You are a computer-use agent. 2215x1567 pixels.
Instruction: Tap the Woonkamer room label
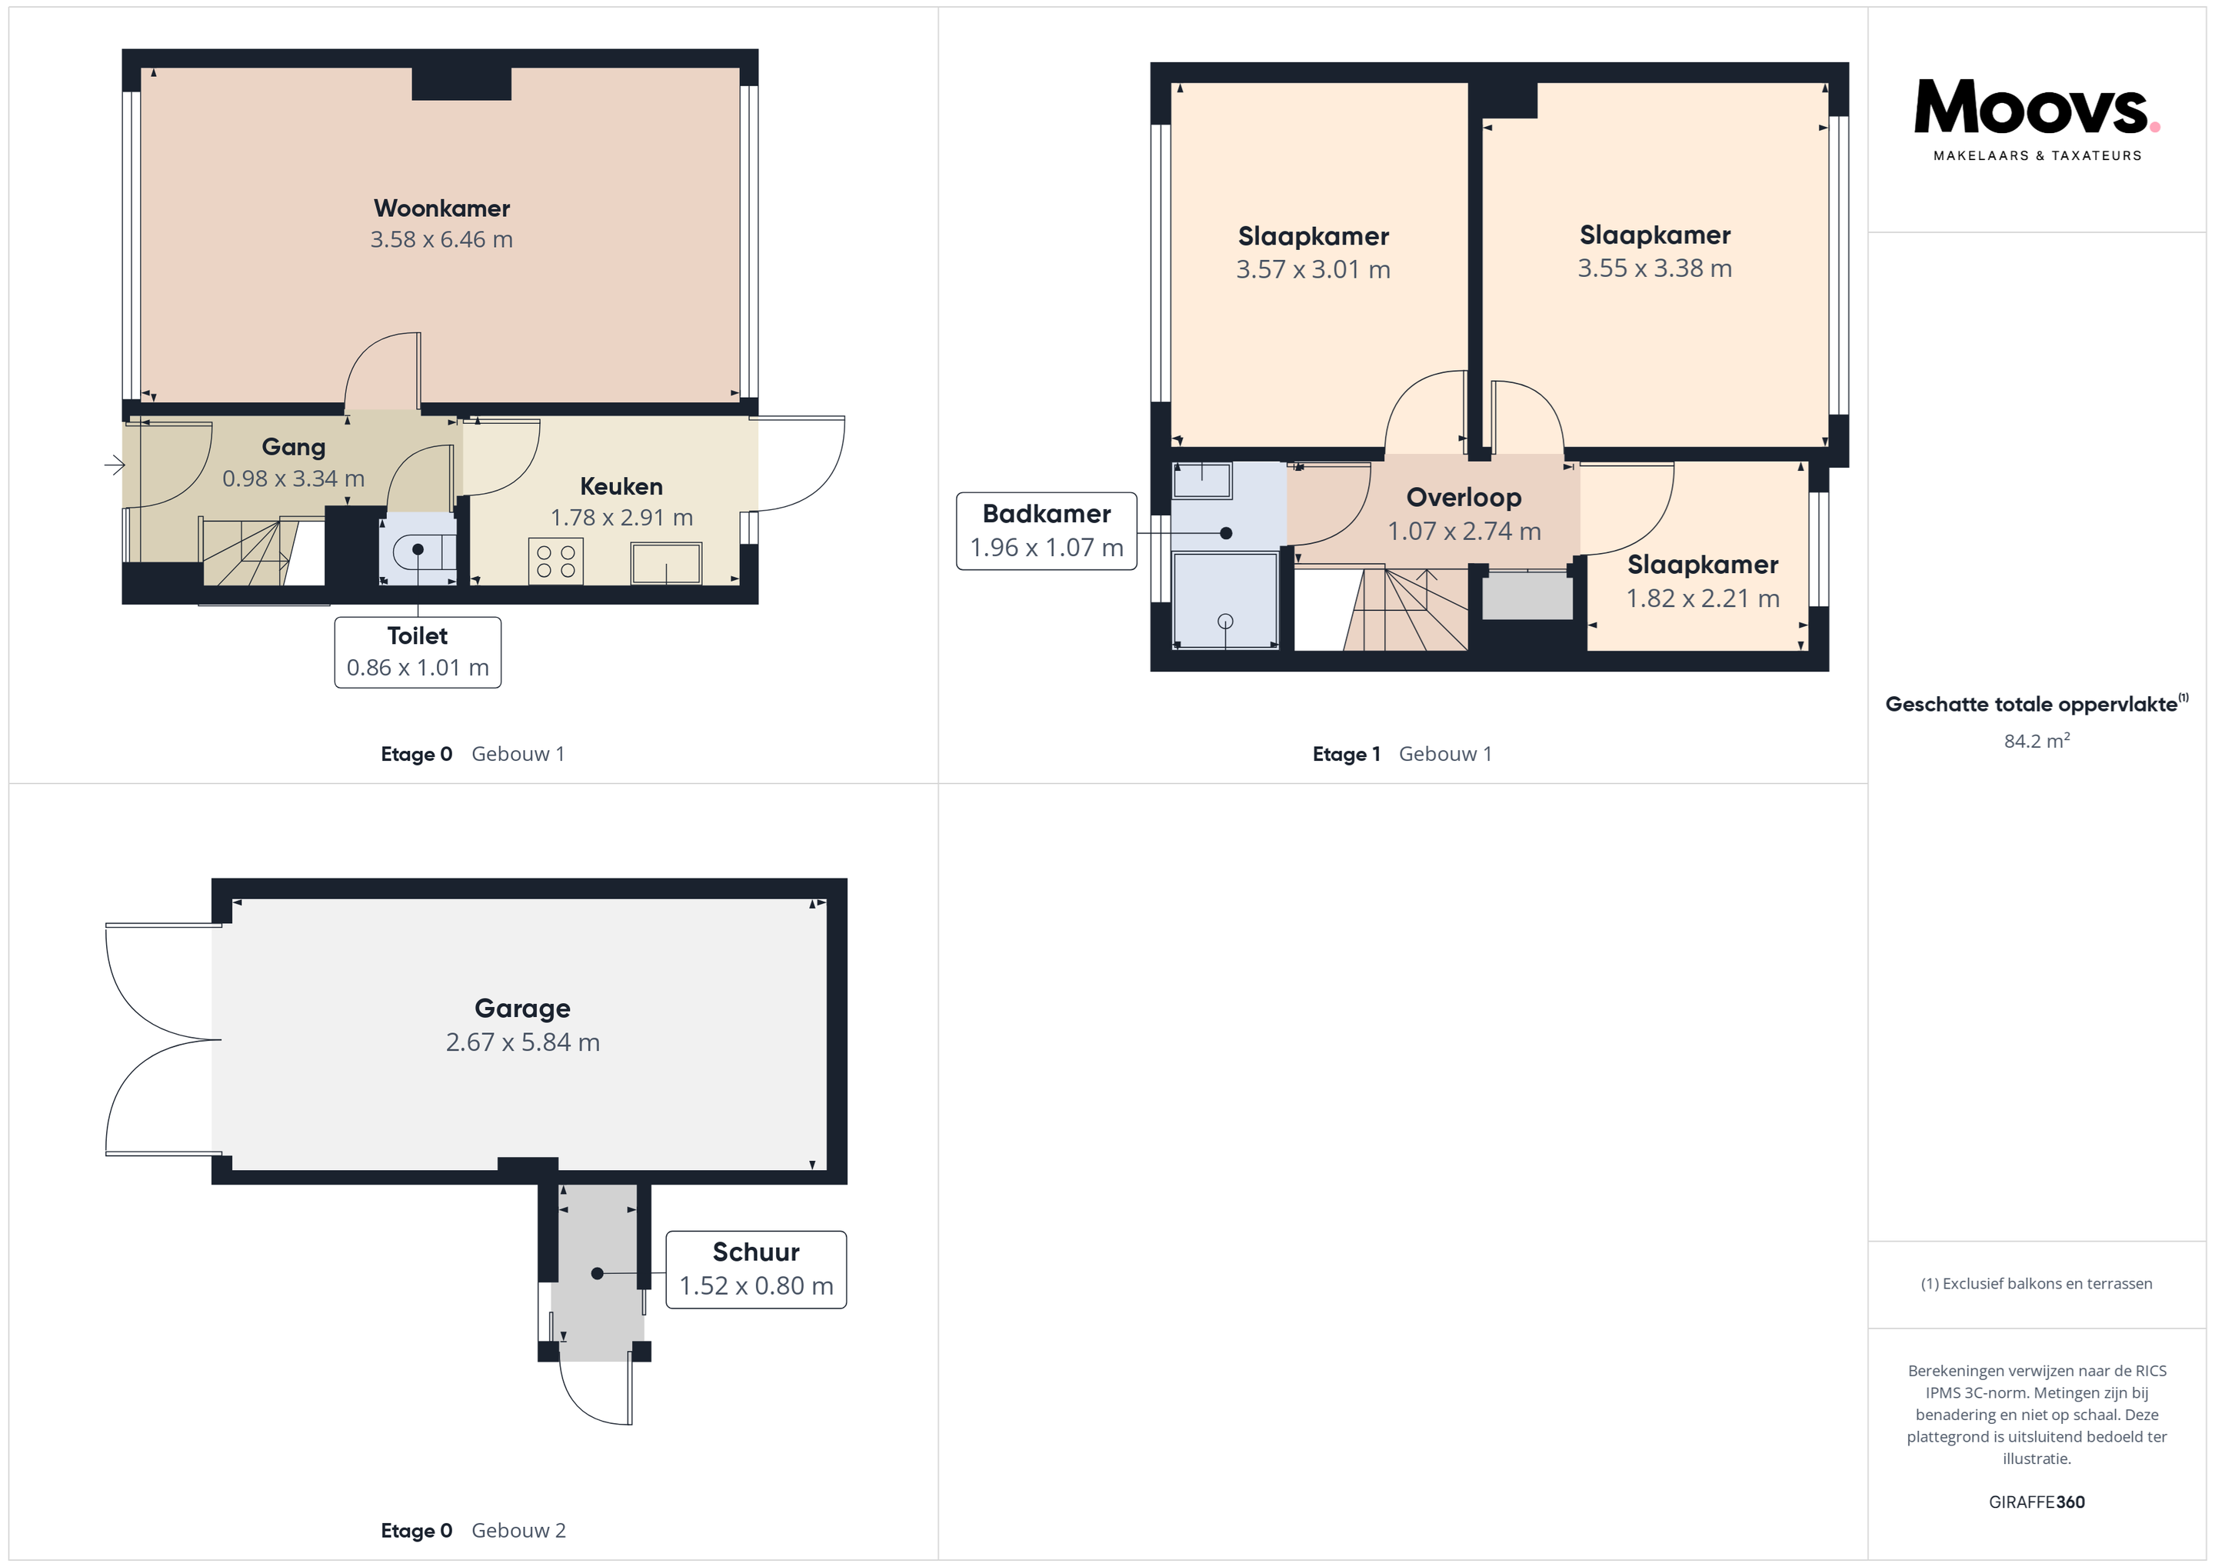441,208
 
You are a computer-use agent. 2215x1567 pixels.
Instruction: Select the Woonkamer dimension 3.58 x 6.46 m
441,239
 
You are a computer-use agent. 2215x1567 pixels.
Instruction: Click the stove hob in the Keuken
556,562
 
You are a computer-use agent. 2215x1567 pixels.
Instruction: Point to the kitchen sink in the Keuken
666,564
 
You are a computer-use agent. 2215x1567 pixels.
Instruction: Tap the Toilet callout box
418,652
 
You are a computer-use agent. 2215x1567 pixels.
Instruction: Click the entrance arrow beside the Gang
115,465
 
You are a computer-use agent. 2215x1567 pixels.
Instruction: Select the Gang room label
293,447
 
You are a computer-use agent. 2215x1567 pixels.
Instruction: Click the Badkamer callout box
1047,531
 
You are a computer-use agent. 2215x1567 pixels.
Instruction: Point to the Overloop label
1464,498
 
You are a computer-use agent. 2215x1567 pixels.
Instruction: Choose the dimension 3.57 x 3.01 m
1313,269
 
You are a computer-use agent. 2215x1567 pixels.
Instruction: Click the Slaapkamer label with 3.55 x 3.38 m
1654,235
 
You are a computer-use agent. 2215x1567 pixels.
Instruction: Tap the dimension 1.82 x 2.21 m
1703,598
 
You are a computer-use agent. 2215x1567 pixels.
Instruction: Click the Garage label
522,1009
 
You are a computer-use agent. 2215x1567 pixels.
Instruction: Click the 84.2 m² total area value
2037,740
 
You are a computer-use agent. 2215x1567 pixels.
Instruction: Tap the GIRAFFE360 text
2037,1502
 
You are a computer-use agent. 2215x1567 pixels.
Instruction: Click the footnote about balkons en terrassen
2037,1283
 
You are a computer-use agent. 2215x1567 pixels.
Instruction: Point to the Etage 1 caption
1346,755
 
